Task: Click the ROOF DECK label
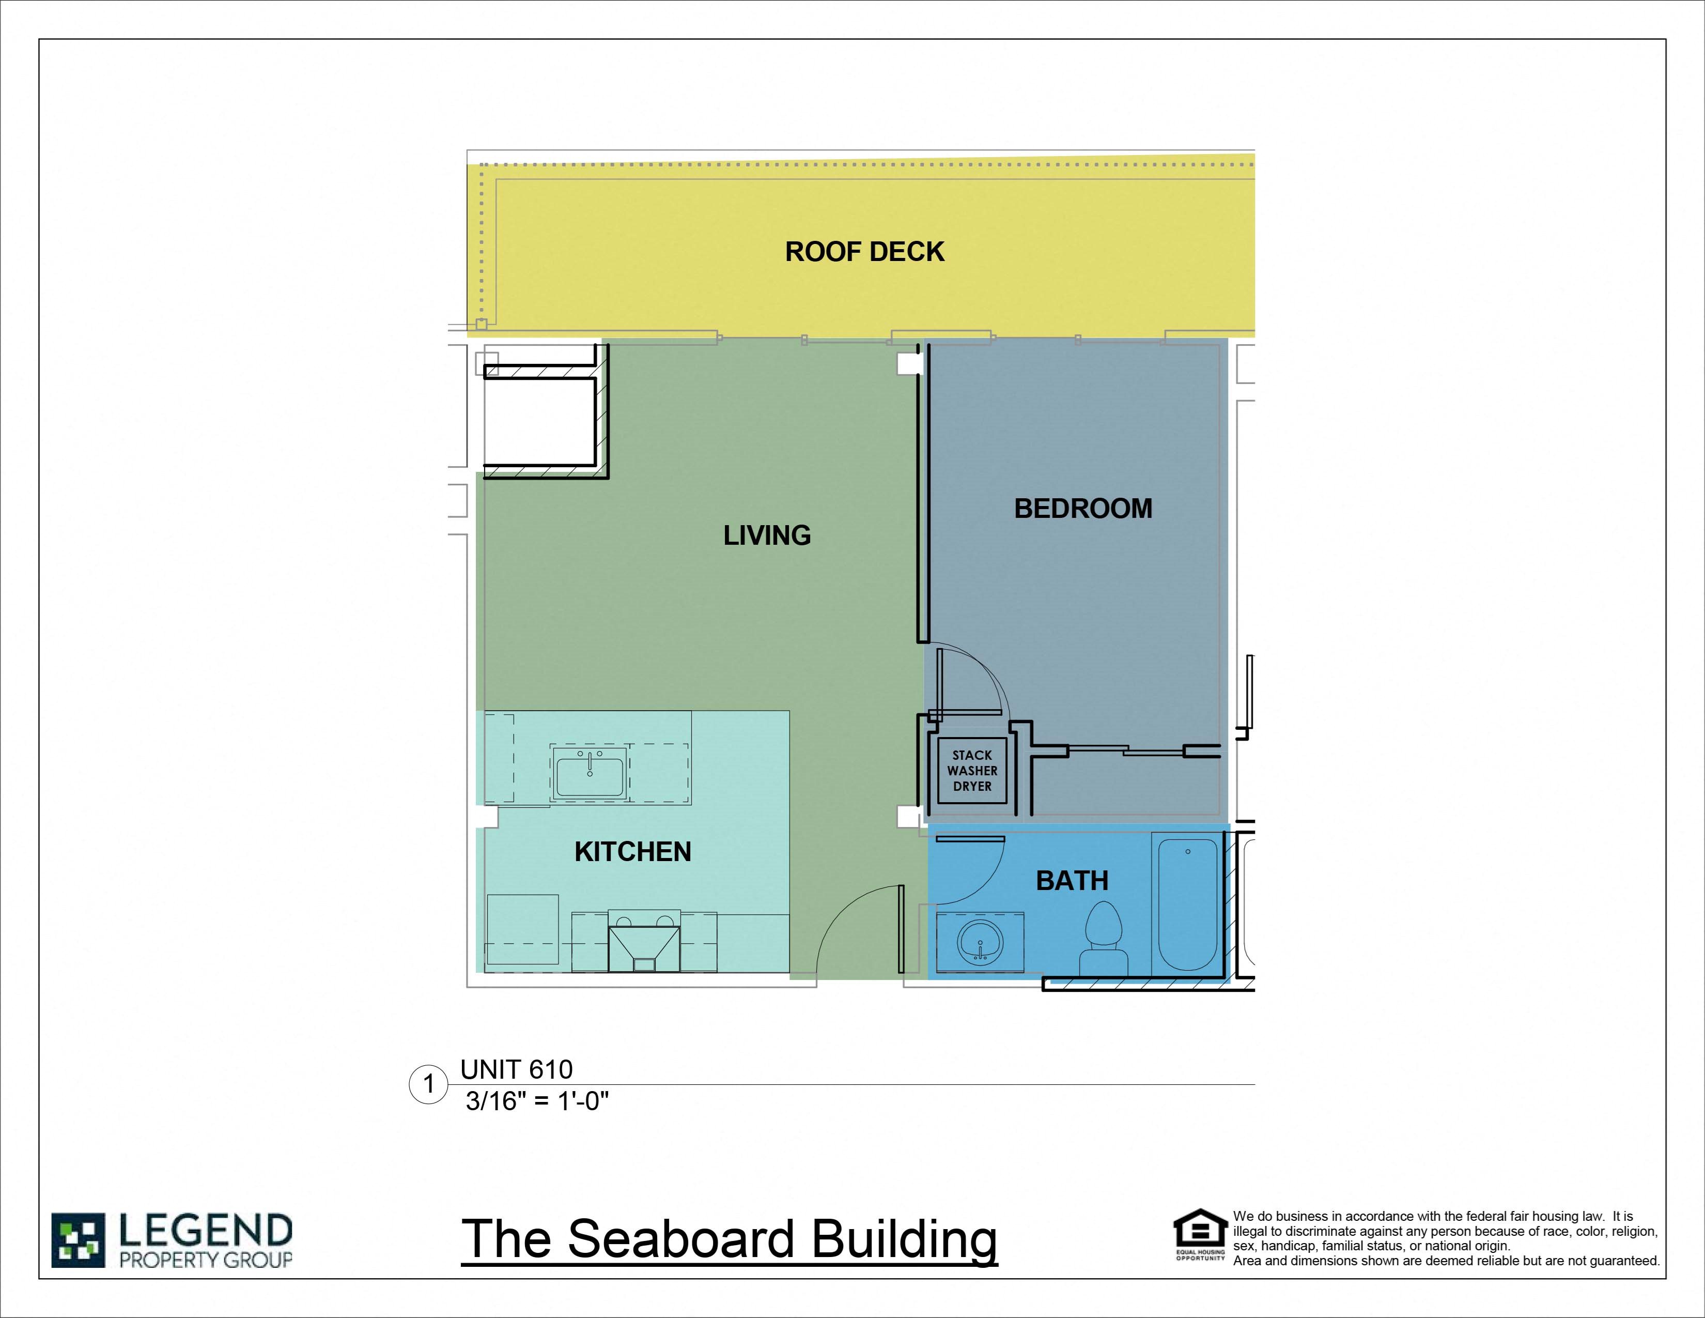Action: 864,251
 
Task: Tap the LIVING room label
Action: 767,535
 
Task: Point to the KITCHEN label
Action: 632,852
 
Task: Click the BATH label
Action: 1072,881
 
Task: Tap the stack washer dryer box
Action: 972,771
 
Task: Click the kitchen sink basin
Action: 590,775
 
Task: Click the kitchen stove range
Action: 644,941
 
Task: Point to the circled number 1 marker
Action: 428,1084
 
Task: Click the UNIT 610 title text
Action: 516,1069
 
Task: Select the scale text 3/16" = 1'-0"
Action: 537,1101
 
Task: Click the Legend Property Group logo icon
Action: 78,1240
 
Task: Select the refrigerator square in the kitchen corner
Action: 522,930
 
